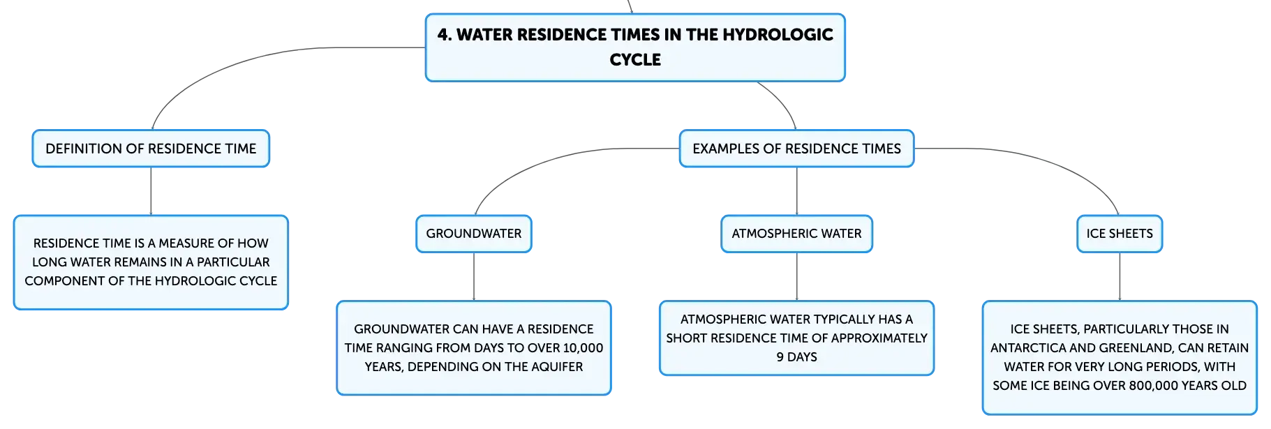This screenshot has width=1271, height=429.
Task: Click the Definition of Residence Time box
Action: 151,149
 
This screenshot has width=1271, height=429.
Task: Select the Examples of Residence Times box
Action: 796,149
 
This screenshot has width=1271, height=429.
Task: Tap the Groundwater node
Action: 474,234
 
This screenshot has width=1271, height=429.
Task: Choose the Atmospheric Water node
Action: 796,234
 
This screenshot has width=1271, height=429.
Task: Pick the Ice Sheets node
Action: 1120,234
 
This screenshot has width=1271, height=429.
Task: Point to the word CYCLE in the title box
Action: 635,60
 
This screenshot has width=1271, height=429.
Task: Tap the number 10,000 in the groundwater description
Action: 583,347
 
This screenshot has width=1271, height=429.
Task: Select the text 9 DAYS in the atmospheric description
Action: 796,356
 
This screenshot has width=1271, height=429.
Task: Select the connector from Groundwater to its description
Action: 474,277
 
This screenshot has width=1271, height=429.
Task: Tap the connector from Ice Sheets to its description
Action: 1120,277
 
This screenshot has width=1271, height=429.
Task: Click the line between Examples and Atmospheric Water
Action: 796,191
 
